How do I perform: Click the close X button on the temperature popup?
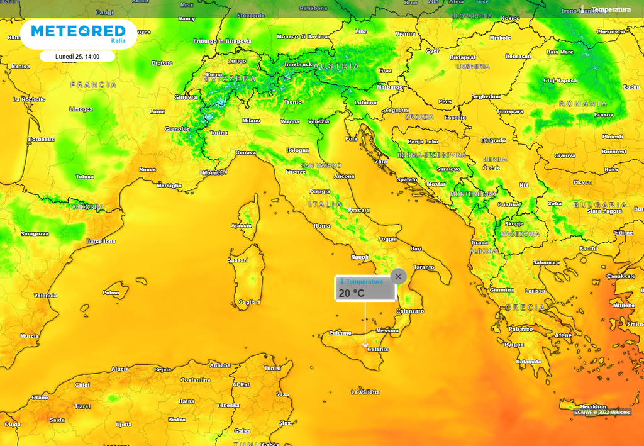pyautogui.click(x=398, y=276)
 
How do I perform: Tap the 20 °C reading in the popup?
pyautogui.click(x=352, y=293)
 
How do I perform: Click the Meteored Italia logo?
pyautogui.click(x=78, y=33)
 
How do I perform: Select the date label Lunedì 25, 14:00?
pyautogui.click(x=77, y=56)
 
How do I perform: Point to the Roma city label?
pyautogui.click(x=322, y=226)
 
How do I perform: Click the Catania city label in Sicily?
pyautogui.click(x=377, y=349)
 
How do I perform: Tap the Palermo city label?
pyautogui.click(x=340, y=332)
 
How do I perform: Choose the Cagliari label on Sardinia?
pyautogui.click(x=249, y=302)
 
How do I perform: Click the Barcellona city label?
pyautogui.click(x=101, y=241)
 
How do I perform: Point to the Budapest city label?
pyautogui.click(x=463, y=57)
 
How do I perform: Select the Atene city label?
pyautogui.click(x=563, y=335)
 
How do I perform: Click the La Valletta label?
pyautogui.click(x=365, y=392)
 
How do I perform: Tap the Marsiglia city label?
pyautogui.click(x=169, y=186)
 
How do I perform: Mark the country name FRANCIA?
pyautogui.click(x=94, y=84)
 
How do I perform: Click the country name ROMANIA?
pyautogui.click(x=584, y=103)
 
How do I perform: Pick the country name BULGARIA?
pyautogui.click(x=600, y=205)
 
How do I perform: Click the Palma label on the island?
pyautogui.click(x=111, y=293)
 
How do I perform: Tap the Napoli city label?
pyautogui.click(x=360, y=257)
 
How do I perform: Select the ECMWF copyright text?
pyautogui.click(x=602, y=412)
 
